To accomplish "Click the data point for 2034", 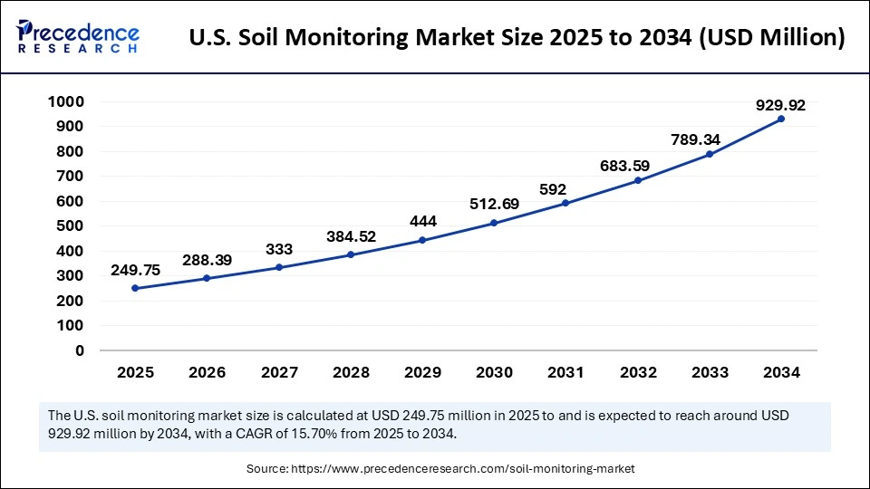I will (781, 119).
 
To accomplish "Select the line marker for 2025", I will (135, 288).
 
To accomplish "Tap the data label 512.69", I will (495, 204).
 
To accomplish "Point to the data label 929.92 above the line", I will (780, 105).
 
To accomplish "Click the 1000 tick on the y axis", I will (65, 101).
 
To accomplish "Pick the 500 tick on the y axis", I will (70, 225).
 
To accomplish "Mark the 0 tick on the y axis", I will (80, 350).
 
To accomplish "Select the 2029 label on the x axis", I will (422, 372).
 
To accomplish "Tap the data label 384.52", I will (351, 236).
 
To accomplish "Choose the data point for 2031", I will (565, 203).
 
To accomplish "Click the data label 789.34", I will (709, 139).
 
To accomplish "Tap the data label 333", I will (279, 249).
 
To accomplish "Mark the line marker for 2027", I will (279, 267).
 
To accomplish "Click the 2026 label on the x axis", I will (207, 372).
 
